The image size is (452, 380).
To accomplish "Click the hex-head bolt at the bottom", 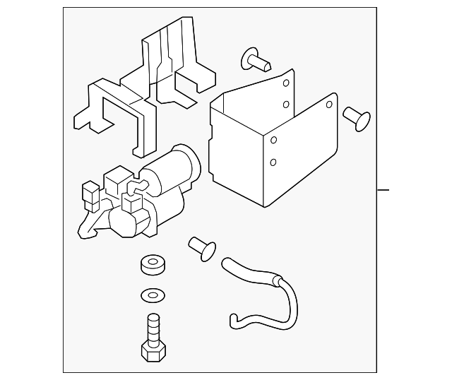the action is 153,338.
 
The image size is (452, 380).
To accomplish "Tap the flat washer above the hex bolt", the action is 150,295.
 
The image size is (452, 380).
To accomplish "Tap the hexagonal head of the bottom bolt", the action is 153,350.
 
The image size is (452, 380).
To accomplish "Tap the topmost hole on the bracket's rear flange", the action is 285,83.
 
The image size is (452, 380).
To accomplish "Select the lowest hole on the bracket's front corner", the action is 273,162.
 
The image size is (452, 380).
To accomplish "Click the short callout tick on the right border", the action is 383,190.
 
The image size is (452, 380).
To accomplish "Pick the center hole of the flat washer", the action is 150,295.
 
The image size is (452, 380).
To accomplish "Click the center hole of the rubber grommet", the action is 150,263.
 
